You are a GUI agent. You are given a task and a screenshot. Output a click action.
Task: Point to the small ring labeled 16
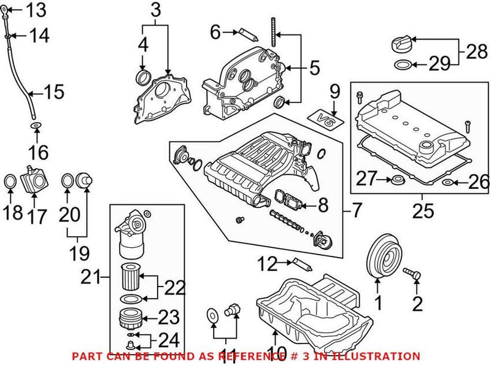coord(36,127)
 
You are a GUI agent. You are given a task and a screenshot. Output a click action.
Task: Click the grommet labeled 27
coord(398,180)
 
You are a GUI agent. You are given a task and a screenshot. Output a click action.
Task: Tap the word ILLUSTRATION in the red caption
coord(379,356)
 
